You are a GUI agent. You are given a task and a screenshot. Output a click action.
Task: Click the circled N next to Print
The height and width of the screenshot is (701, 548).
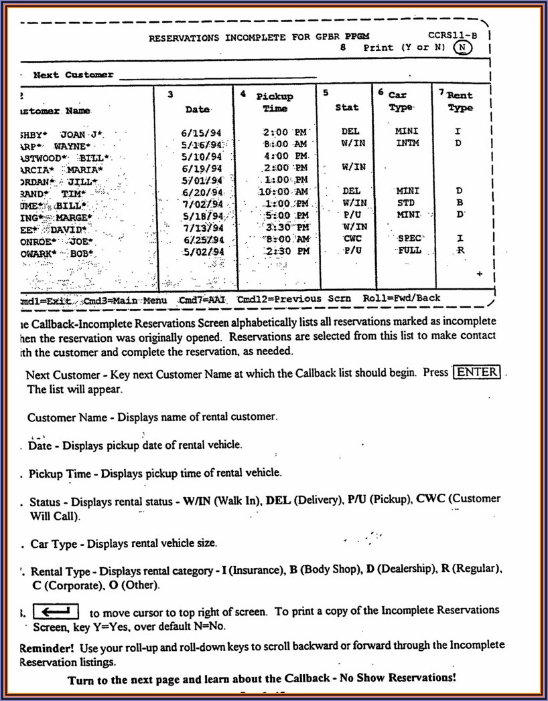(462, 47)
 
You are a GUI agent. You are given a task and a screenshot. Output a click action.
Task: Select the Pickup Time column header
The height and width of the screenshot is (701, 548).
(275, 102)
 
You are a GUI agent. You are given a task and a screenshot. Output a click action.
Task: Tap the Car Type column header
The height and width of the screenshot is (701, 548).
(401, 102)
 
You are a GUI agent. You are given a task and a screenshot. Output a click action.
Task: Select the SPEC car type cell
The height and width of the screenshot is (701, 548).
(409, 238)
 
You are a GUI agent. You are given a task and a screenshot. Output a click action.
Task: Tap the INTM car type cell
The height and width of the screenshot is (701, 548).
(408, 143)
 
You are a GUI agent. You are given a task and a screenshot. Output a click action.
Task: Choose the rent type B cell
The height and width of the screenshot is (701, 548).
(460, 203)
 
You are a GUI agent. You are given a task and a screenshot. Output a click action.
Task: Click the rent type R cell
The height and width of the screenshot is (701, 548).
(460, 250)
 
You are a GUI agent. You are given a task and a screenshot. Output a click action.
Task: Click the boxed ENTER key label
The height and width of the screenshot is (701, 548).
(477, 373)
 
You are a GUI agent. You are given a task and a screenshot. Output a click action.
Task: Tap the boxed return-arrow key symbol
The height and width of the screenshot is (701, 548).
(56, 611)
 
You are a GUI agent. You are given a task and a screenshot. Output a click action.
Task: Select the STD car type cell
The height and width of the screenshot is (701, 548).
(406, 203)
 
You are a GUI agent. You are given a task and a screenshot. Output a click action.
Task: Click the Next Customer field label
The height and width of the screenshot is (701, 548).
(73, 75)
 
